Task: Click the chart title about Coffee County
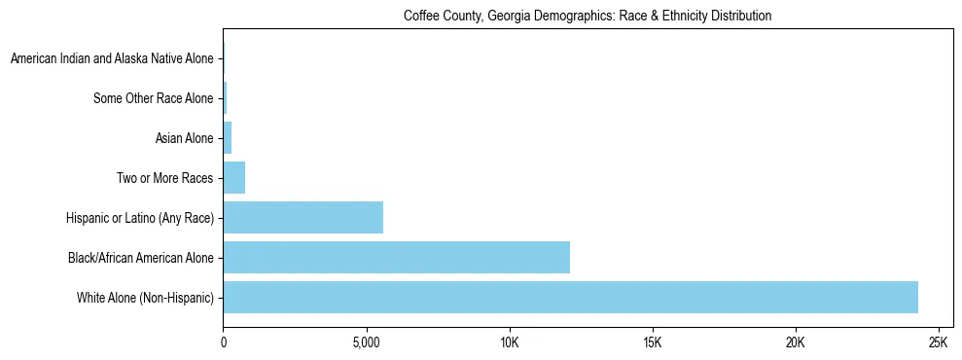coord(587,17)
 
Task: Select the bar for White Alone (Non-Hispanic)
coord(570,297)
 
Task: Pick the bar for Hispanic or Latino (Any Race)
coord(303,217)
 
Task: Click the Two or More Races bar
coord(234,178)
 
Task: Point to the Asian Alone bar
coord(228,138)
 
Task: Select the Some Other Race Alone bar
coord(226,98)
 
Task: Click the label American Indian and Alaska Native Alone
coord(112,59)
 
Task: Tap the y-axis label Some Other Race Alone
coord(153,98)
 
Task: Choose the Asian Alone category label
coord(184,138)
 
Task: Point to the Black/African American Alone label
coord(141,257)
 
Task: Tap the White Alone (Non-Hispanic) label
coord(145,297)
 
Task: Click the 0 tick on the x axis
coord(224,343)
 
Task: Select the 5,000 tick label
coord(367,343)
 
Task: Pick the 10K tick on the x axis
coord(510,343)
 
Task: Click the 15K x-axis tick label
coord(653,343)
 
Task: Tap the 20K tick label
coord(796,343)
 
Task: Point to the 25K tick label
coord(939,343)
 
